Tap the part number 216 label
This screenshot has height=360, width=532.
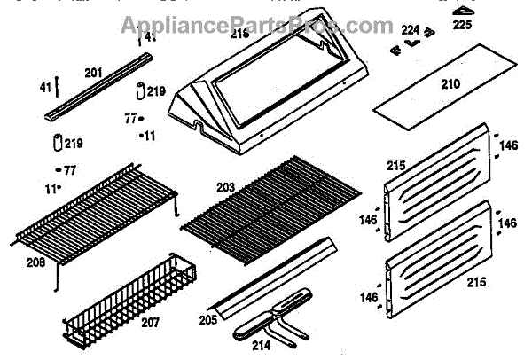coord(240,35)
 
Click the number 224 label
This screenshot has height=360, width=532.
coord(410,30)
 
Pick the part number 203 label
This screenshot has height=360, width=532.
coord(226,187)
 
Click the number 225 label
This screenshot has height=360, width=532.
coord(463,25)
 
